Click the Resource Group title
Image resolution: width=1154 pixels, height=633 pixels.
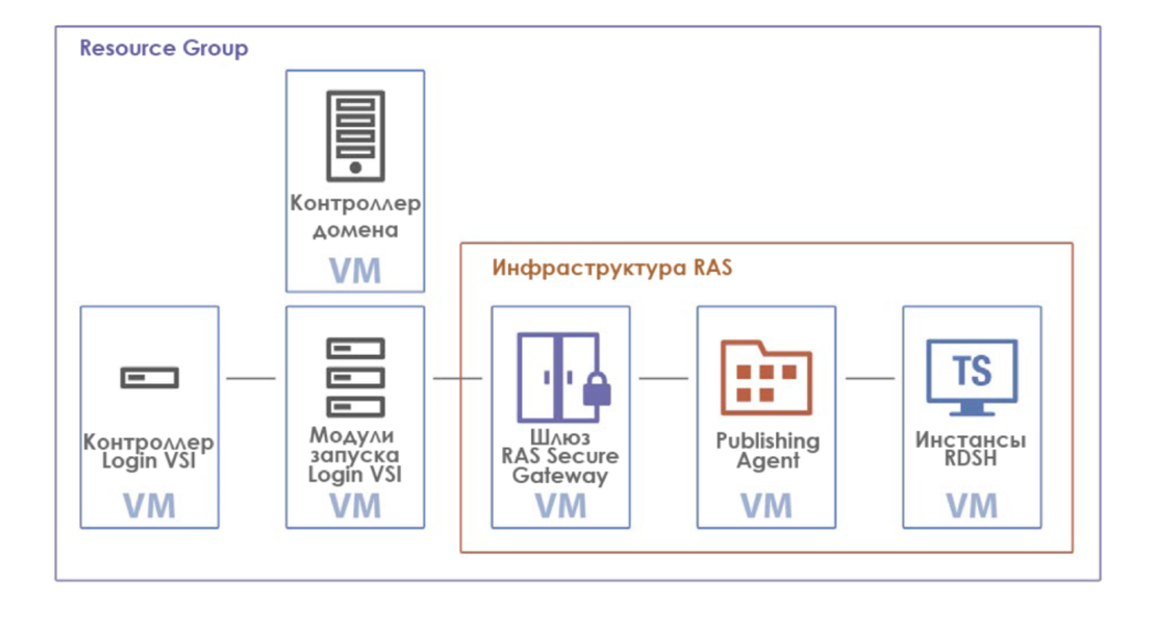(164, 48)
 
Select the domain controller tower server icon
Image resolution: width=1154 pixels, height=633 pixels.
(355, 136)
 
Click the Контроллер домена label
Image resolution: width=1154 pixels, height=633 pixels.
(355, 216)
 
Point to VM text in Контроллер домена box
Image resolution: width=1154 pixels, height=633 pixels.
(355, 271)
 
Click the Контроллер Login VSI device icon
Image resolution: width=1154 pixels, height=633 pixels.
(150, 378)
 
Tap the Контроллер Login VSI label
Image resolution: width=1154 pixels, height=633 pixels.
(150, 452)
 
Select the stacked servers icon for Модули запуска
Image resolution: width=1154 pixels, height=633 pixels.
(355, 376)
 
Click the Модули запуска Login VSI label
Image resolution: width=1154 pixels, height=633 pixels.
(355, 455)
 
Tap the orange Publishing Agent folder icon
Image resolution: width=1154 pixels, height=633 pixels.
(766, 378)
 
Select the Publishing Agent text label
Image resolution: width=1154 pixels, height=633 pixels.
(766, 450)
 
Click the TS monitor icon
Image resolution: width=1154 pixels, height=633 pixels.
(971, 376)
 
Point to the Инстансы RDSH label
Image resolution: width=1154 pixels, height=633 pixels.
(971, 450)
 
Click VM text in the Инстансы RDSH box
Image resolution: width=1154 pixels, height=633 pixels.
(971, 506)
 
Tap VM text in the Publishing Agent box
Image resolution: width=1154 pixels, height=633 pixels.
(766, 506)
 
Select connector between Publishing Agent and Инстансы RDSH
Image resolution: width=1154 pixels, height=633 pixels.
(870, 379)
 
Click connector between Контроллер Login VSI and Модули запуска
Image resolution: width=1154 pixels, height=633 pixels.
(251, 379)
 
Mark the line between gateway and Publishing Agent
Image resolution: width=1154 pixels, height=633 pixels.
(664, 379)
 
